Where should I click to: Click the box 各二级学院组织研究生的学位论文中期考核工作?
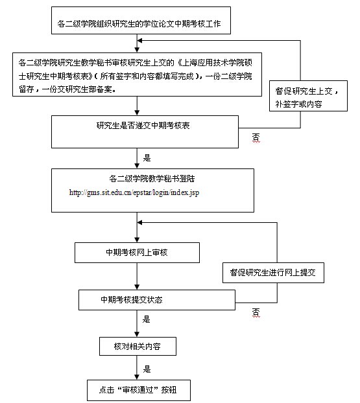click(x=141, y=20)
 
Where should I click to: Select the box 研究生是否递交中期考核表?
click(x=145, y=132)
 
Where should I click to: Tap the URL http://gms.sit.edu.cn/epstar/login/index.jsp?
click(x=134, y=192)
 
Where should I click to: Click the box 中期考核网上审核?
click(x=137, y=253)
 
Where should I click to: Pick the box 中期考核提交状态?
click(x=157, y=300)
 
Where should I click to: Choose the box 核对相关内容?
click(x=138, y=346)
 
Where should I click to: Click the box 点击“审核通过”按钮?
click(x=139, y=390)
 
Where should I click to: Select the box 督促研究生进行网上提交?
click(x=273, y=273)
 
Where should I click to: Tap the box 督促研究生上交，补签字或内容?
click(x=308, y=96)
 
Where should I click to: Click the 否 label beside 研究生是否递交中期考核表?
click(x=256, y=137)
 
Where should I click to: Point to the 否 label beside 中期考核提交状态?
click(x=256, y=312)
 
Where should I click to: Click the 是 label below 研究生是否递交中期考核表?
click(x=147, y=158)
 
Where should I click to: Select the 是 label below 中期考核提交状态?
click(x=146, y=319)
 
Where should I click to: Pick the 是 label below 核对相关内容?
click(x=147, y=369)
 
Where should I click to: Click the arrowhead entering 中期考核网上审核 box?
click(x=137, y=240)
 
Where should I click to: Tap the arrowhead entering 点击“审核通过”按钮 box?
click(x=137, y=377)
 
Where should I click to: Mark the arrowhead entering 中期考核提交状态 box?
click(x=137, y=287)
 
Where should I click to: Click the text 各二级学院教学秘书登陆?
click(x=152, y=179)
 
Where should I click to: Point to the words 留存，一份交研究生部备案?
click(x=66, y=89)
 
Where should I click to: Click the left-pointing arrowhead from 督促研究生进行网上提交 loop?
click(x=139, y=223)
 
